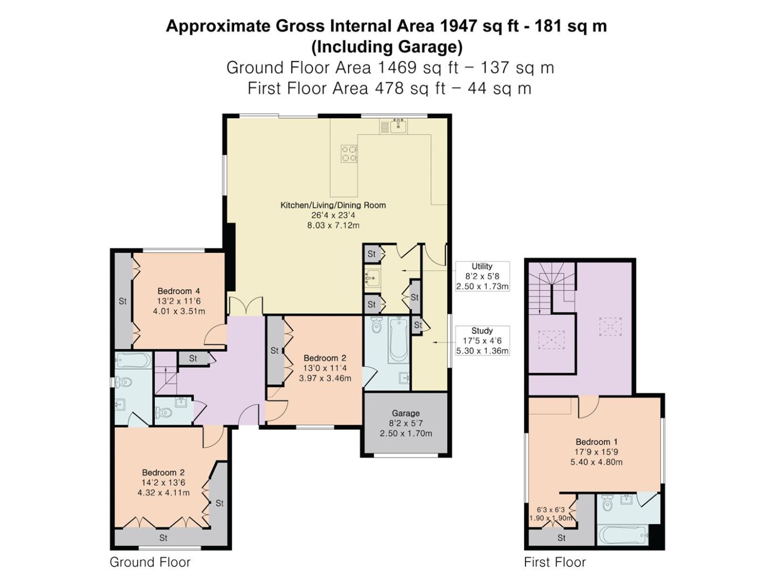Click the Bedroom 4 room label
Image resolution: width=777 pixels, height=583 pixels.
point(178,291)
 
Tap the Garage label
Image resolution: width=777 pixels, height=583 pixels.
point(406,413)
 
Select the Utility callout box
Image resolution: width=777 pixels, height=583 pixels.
point(482,276)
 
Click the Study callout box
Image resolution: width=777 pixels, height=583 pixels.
point(482,340)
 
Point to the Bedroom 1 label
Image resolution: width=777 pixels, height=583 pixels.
point(597,442)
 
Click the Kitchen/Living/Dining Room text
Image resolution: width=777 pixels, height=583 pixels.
point(333,205)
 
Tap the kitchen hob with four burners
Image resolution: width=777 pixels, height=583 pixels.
point(349,154)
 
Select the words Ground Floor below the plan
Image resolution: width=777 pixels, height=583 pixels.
point(150,562)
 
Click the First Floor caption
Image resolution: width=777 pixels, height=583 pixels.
point(554,562)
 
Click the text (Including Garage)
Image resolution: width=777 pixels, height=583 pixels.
point(386,47)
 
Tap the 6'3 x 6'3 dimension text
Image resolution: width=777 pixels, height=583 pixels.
point(551,510)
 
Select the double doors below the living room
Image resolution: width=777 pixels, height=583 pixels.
point(246,306)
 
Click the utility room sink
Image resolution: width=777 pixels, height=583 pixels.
point(372,278)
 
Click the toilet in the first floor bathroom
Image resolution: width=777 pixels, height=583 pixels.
point(608,504)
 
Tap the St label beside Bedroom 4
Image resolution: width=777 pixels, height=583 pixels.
point(123,301)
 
